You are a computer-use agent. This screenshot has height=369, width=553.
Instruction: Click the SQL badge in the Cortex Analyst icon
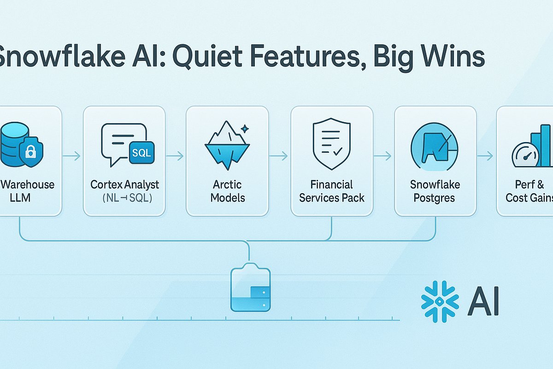[x=141, y=153]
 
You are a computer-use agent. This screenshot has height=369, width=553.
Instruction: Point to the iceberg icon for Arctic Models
[x=227, y=143]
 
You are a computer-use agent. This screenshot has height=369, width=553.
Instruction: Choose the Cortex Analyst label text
[x=124, y=185]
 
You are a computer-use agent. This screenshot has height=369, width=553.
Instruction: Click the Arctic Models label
[x=227, y=191]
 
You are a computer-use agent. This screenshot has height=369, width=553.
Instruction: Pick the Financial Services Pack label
[x=332, y=191]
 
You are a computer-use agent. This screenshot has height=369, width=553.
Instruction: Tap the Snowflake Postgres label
[x=435, y=191]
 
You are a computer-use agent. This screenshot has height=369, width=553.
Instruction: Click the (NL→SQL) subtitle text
[x=124, y=198]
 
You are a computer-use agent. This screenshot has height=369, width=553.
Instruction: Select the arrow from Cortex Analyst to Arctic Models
[x=175, y=157]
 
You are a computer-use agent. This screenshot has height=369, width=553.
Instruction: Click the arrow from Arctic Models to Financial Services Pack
[x=279, y=157]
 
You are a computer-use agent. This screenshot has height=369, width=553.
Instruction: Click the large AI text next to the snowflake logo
[x=483, y=302]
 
